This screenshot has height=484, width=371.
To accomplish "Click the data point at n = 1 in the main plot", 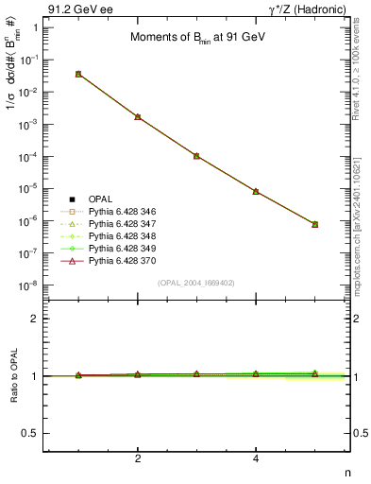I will (78, 74).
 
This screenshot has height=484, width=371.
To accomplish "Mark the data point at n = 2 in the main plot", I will (138, 117).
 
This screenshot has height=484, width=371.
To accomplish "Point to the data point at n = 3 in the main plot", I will (196, 156).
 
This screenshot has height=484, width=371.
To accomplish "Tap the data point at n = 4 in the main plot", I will (256, 192).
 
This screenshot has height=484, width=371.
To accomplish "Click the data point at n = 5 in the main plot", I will (314, 224).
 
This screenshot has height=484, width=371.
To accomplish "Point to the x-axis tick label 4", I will (256, 458).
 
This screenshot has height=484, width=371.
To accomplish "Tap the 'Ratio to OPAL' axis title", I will (12, 375).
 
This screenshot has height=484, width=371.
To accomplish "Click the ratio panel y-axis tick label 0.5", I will (30, 433).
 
